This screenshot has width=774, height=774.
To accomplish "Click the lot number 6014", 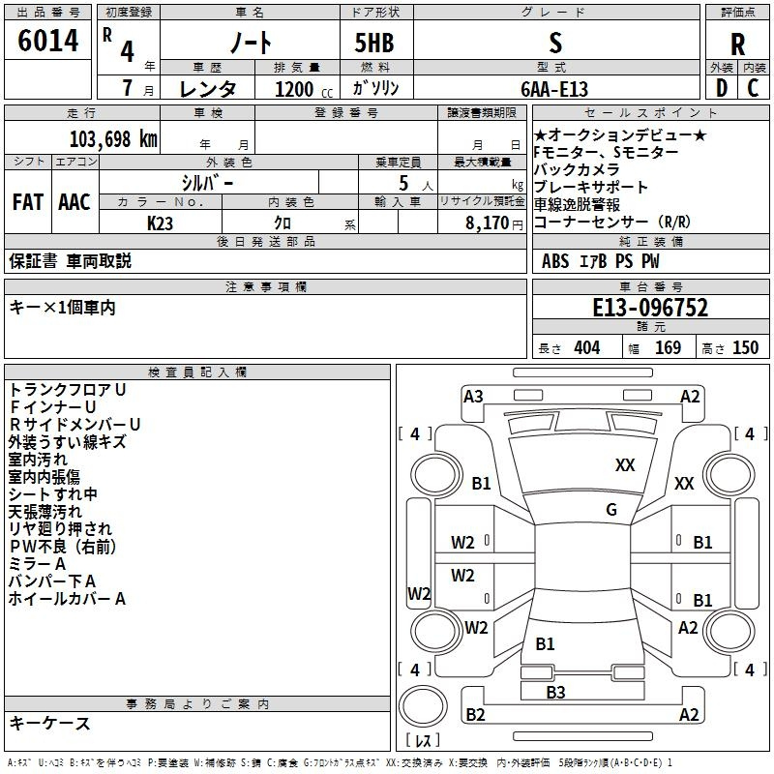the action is tap(47, 41).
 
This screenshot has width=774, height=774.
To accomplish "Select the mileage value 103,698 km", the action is tap(113, 139).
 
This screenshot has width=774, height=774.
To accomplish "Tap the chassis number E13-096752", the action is tap(650, 308).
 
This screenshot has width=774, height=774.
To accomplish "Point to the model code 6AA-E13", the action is tap(554, 89).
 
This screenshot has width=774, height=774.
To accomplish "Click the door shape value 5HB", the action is tap(374, 43).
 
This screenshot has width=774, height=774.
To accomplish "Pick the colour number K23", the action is tap(160, 223).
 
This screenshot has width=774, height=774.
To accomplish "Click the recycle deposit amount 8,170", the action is tap(488, 223).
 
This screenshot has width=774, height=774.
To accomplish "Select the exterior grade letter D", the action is tap(722, 88).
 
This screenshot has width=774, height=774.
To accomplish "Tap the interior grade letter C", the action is tap(753, 88).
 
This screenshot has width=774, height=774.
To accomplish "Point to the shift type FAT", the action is tap(28, 202).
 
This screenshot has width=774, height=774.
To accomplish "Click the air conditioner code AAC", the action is tap(74, 202).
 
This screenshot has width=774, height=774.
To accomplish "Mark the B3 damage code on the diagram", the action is tap(555, 692).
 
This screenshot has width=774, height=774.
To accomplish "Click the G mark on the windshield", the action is tap(611, 510).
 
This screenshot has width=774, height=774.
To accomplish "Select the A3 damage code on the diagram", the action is tap(473, 397).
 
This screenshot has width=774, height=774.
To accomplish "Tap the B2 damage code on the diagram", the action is tap(475, 714).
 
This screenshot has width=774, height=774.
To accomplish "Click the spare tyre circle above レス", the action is tap(423, 705).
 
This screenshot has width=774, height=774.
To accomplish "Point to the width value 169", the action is tap(668, 348).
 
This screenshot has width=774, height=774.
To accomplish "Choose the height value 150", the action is tap(745, 348).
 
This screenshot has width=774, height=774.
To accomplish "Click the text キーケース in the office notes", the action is tap(50, 724).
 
